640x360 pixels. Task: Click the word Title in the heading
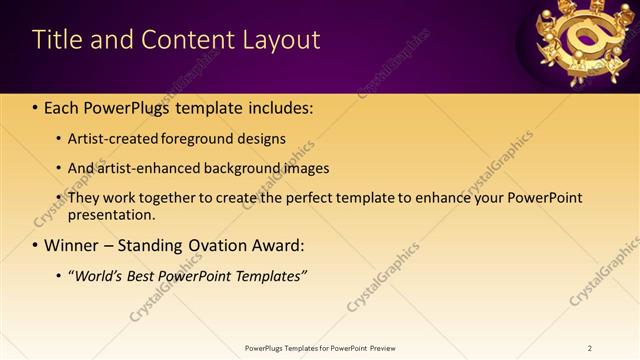coord(57,40)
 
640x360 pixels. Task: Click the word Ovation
coord(211,245)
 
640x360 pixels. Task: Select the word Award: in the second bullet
coord(274,245)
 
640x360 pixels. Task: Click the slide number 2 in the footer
coord(590,348)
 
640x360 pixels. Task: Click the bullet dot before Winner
coord(36,246)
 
